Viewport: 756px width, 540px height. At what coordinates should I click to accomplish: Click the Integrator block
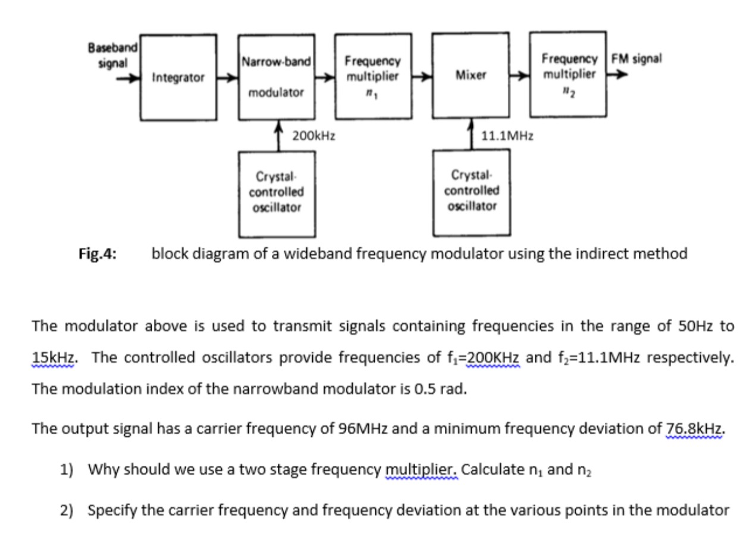coord(178,77)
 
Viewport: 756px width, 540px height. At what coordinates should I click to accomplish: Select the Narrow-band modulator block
coord(275,77)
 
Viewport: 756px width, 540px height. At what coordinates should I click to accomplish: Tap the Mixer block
coord(470,75)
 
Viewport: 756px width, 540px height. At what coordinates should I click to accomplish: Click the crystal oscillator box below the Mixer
coord(471,192)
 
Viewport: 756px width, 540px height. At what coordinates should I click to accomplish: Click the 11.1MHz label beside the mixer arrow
coord(507,136)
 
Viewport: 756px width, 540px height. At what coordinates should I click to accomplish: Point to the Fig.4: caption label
coord(97,254)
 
